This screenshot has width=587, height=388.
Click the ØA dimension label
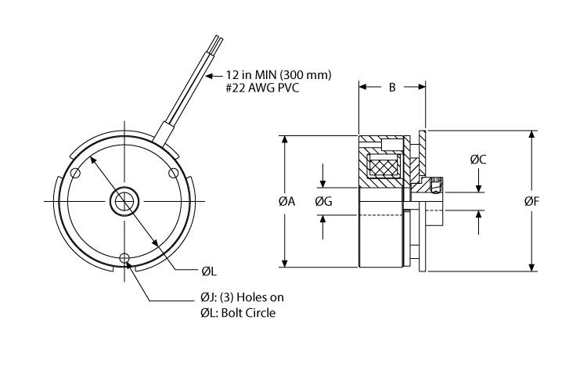click(x=286, y=202)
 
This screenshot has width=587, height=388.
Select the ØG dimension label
click(x=323, y=202)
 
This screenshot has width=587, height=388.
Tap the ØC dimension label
click(x=479, y=160)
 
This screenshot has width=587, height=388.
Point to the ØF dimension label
click(x=532, y=202)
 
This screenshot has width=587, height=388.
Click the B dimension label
click(x=391, y=88)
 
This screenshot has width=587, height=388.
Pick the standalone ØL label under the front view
click(x=207, y=271)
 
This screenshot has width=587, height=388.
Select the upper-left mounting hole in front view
click(x=74, y=173)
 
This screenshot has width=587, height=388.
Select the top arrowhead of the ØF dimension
click(x=532, y=135)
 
